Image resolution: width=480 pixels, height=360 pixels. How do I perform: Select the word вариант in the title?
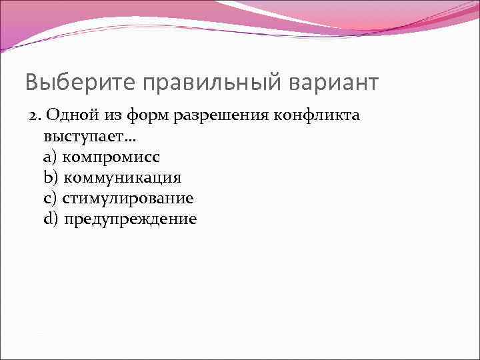tap(333, 82)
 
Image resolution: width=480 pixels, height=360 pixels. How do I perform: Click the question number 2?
tap(34, 115)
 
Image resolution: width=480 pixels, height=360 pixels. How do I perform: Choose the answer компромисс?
tap(111, 157)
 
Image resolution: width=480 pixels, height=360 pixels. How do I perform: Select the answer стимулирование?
tap(128, 199)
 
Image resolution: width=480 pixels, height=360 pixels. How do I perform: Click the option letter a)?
tap(50, 157)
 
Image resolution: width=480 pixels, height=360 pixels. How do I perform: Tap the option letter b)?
tap(51, 178)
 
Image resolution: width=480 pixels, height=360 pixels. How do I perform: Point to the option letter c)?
tap(50, 199)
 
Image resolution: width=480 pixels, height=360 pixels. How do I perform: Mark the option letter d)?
tap(51, 219)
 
